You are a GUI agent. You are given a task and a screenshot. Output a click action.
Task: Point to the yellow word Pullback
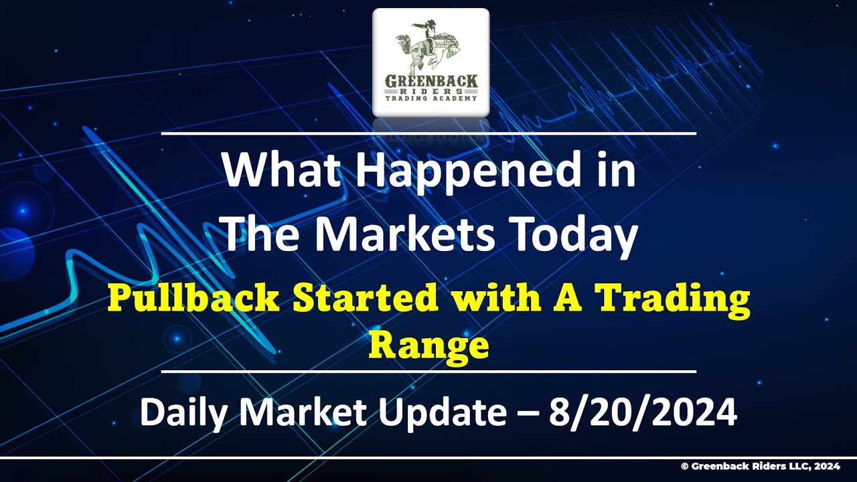click(193, 298)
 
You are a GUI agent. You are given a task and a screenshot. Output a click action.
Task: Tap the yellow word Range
click(428, 345)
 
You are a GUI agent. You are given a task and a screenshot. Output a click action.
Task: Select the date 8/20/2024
click(643, 413)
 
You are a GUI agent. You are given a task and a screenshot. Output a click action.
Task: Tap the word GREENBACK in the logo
click(431, 81)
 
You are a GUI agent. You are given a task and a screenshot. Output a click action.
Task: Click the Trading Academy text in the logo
click(431, 98)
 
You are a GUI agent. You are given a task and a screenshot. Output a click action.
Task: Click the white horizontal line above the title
click(428, 134)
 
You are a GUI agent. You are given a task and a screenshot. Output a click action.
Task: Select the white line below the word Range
click(428, 371)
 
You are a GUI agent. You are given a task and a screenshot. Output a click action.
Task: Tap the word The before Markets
click(258, 234)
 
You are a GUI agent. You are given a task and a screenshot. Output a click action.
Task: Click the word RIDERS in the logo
click(431, 90)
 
